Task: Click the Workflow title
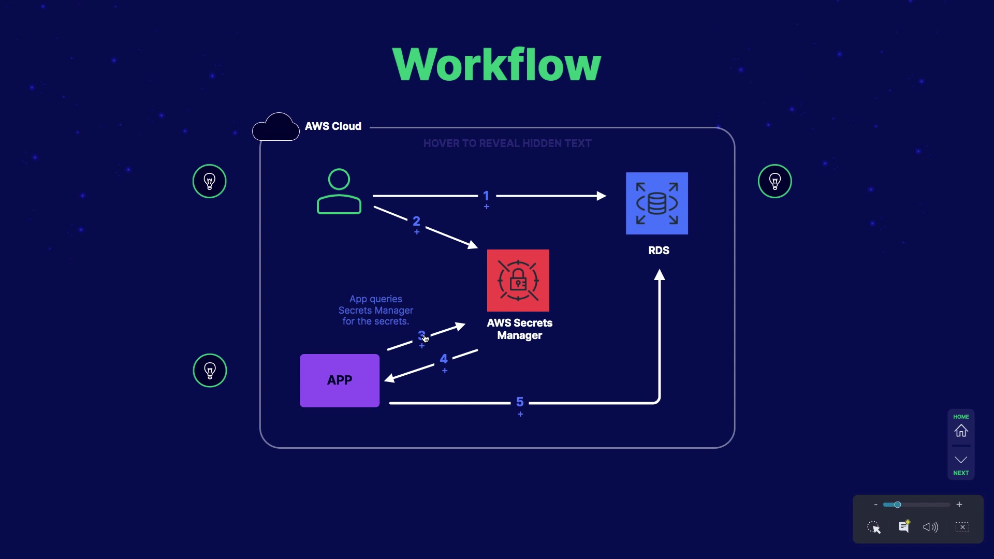(x=496, y=65)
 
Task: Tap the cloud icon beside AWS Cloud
(x=276, y=127)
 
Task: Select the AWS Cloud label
(x=333, y=126)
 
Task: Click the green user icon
(x=339, y=192)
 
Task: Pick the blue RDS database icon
(x=656, y=203)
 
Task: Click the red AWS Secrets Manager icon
(x=518, y=281)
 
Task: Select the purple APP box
(x=340, y=380)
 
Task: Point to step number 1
(x=486, y=196)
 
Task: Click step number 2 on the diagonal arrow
(x=416, y=222)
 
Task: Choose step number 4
(x=444, y=359)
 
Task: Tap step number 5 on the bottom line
(x=520, y=402)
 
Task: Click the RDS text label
(x=659, y=251)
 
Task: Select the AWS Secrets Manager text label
(x=520, y=329)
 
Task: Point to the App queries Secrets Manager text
(x=376, y=310)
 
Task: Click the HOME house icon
(x=961, y=430)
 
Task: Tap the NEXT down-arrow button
(x=961, y=460)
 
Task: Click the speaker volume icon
(x=930, y=527)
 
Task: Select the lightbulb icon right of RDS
(x=774, y=181)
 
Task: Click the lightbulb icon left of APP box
(x=210, y=371)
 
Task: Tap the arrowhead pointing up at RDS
(x=659, y=275)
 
